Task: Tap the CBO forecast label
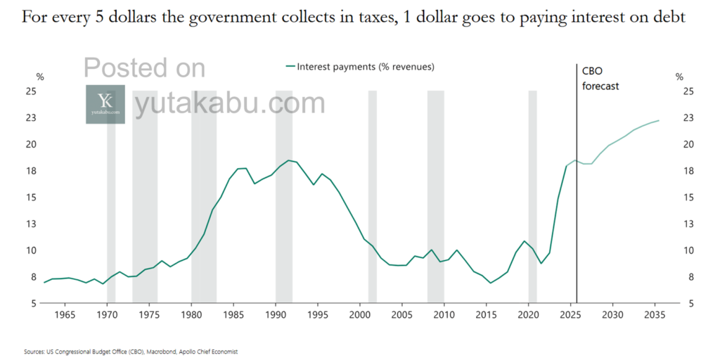[x=600, y=79]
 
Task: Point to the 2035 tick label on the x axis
[x=654, y=314]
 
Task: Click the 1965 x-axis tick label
[x=65, y=314]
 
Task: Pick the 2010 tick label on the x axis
[x=444, y=314]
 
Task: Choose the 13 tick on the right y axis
[x=688, y=224]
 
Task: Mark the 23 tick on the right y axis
[x=688, y=118]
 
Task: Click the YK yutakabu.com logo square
[x=105, y=104]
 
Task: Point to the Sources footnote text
[x=131, y=352]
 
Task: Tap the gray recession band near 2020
[x=533, y=197]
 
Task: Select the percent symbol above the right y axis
[x=679, y=77]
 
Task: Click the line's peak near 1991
[x=288, y=160]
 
